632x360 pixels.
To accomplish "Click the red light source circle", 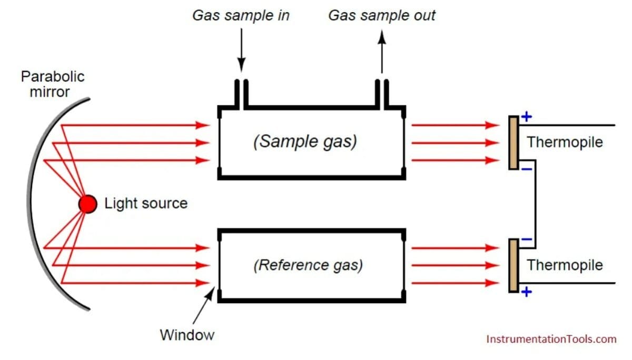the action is [x=88, y=204].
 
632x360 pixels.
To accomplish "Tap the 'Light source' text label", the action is [x=146, y=204].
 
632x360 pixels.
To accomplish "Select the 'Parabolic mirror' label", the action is [x=53, y=84].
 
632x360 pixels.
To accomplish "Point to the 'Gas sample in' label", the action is [x=241, y=15].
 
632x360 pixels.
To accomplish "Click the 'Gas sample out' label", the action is [x=382, y=15].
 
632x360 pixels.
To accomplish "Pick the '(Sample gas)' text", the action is [x=305, y=142].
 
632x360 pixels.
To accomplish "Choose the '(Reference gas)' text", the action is [x=308, y=265].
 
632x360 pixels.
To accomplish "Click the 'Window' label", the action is [x=187, y=335].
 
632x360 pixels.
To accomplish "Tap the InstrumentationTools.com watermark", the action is [x=551, y=339].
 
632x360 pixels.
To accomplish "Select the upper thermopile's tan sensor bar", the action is [x=513, y=143].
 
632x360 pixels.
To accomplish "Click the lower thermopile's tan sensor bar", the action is [x=513, y=266].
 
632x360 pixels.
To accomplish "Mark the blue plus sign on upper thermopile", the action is [x=527, y=117].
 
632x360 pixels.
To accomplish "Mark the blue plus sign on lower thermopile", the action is [x=527, y=292].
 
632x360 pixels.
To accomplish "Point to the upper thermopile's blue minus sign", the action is [x=527, y=169].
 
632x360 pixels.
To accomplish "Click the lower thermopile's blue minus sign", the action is [x=527, y=239].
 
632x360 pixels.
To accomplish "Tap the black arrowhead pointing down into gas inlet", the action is [x=241, y=65].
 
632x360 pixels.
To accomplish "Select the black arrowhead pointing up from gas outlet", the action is [x=382, y=37].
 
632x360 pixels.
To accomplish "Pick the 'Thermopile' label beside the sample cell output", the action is [x=565, y=142].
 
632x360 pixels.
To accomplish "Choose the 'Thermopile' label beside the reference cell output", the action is [x=565, y=265].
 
